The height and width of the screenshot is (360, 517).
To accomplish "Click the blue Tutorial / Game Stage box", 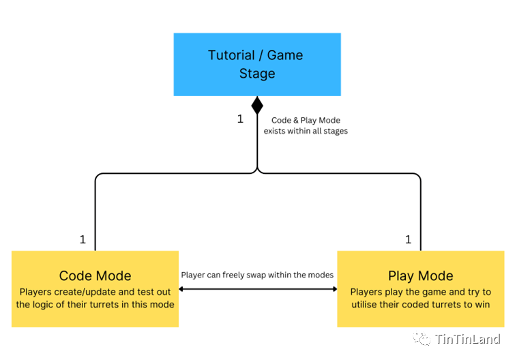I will click(x=257, y=64).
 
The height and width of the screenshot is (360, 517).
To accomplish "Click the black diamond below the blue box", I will click(x=257, y=106).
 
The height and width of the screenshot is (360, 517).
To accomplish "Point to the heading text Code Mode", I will click(x=95, y=276).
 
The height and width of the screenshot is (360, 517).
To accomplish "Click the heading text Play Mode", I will click(x=420, y=276).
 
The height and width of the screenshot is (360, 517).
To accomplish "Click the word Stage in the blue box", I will click(x=257, y=74).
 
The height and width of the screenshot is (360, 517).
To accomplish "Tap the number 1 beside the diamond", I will click(x=240, y=119).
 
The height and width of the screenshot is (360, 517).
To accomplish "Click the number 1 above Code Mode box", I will click(x=83, y=239).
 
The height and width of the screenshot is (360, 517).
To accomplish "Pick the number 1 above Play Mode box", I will click(x=409, y=239).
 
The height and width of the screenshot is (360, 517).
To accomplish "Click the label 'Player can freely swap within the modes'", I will click(x=257, y=275).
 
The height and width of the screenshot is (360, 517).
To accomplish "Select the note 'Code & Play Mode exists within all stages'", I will click(x=306, y=125).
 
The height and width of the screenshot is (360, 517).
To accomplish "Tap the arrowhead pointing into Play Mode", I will click(x=334, y=289).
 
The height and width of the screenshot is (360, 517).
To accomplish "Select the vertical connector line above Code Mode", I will click(x=95, y=218).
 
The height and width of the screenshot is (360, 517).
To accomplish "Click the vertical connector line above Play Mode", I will click(x=420, y=218).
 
